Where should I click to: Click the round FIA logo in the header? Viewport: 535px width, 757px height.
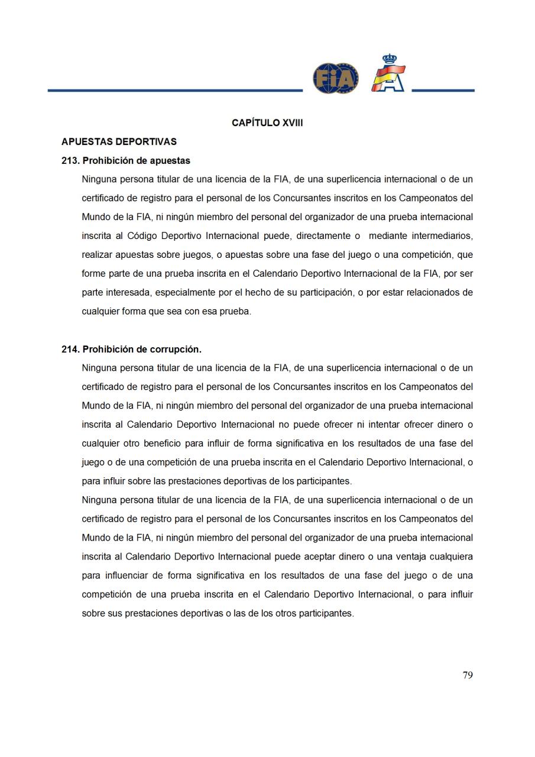pyautogui.click(x=335, y=78)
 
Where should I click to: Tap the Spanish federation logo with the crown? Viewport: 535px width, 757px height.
pyautogui.click(x=388, y=74)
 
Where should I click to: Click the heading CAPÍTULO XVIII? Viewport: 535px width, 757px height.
pyautogui.click(x=267, y=123)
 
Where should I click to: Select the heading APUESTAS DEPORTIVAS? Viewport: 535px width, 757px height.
pyautogui.click(x=119, y=142)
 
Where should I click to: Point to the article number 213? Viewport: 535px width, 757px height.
pyautogui.click(x=70, y=161)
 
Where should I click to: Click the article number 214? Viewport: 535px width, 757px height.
pyautogui.click(x=70, y=350)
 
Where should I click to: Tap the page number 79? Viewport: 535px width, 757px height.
pyautogui.click(x=468, y=675)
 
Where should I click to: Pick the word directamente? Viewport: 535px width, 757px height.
pyautogui.click(x=322, y=236)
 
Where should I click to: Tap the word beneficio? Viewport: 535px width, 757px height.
pyautogui.click(x=162, y=444)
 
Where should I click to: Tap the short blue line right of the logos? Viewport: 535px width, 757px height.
pyautogui.click(x=443, y=90)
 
